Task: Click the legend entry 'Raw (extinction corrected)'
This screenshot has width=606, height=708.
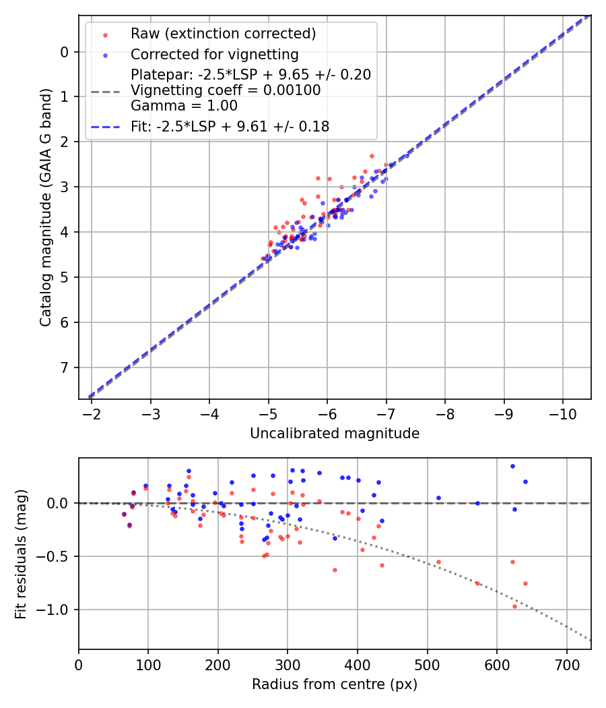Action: point(223,34)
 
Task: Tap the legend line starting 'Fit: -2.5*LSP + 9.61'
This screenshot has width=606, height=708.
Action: point(230,126)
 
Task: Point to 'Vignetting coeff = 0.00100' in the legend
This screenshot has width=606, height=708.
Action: point(226,90)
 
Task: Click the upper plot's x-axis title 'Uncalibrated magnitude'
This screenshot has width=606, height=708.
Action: point(335,434)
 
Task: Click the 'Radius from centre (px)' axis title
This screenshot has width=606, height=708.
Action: point(335,684)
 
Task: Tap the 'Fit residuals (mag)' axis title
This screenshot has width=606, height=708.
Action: point(21,554)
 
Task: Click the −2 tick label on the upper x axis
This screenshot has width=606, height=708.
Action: point(92,413)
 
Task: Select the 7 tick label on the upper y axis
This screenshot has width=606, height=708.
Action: point(65,367)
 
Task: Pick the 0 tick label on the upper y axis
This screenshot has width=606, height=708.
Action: point(65,52)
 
